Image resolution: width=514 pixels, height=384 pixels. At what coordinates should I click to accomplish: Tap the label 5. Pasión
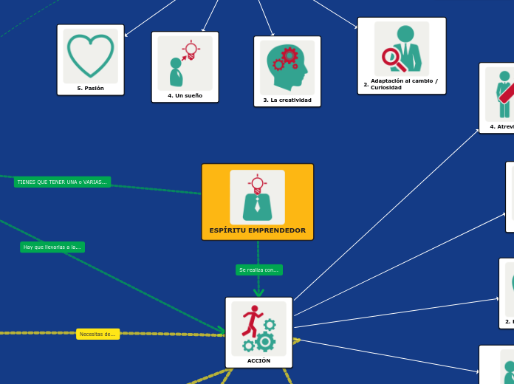(90, 89)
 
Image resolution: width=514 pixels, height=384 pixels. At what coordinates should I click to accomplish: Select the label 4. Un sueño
(185, 96)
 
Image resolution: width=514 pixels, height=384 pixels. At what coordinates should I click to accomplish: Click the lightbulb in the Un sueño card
(191, 49)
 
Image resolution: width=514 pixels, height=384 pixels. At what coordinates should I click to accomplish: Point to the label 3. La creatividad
(287, 100)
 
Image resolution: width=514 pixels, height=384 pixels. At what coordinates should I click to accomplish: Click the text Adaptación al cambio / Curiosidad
(403, 84)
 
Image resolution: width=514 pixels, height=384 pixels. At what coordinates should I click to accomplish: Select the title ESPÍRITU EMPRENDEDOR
(257, 230)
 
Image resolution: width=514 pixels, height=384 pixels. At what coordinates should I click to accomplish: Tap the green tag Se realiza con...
(258, 270)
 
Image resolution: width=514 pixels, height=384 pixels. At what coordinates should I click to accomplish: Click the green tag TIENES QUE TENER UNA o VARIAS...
(62, 182)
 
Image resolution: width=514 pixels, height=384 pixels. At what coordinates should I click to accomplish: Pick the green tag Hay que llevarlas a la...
(52, 247)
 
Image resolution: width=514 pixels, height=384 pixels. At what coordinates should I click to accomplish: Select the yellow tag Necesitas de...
(97, 335)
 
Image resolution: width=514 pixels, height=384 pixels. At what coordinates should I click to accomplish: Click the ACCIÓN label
(258, 361)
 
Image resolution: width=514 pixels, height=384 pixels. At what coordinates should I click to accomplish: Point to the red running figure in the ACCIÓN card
(252, 321)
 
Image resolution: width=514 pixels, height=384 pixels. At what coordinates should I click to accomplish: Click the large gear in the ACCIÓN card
(265, 341)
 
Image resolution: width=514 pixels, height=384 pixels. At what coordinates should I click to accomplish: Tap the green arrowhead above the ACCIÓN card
(258, 292)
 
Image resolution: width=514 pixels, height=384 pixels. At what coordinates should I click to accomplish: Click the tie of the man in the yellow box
(257, 206)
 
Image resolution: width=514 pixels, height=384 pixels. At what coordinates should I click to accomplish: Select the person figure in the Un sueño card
(176, 72)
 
